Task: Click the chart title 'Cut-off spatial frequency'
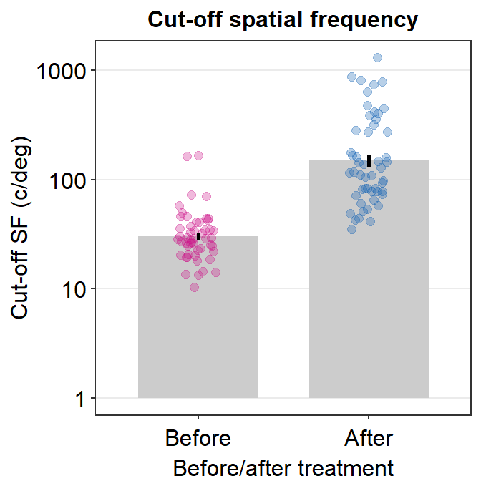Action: [x=282, y=20]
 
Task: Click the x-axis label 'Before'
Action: [x=198, y=437]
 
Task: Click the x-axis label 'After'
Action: [x=369, y=437]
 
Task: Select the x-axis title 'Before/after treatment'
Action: [x=283, y=467]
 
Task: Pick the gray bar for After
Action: [x=369, y=286]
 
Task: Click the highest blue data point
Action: [x=377, y=57]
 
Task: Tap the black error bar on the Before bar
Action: [x=198, y=235]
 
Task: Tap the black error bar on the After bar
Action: [x=369, y=160]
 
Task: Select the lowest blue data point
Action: [x=352, y=229]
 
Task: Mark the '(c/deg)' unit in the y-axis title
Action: [x=21, y=182]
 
